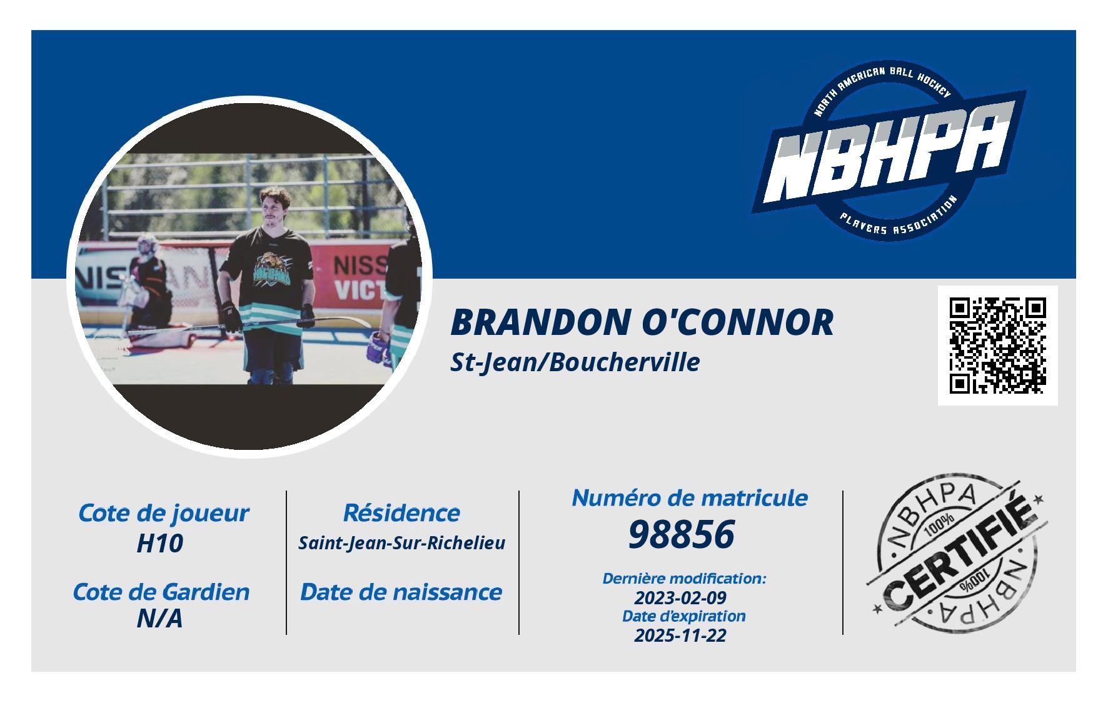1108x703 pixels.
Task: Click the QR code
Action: [997, 346]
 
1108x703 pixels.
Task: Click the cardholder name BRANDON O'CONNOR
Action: [642, 322]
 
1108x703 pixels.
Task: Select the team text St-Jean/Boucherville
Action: [575, 362]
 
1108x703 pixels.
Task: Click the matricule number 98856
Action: [681, 535]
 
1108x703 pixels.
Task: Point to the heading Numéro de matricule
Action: [690, 498]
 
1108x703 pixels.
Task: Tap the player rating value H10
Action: [159, 544]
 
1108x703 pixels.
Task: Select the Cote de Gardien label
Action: [161, 592]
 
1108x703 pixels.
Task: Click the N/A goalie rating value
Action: [159, 619]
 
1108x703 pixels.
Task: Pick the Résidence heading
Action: [401, 513]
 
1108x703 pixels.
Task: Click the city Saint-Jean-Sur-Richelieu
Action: [401, 543]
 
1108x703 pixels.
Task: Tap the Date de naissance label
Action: [401, 592]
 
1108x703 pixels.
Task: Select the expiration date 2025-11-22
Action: [681, 636]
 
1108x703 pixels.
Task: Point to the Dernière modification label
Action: [684, 579]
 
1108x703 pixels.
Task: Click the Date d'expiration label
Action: [683, 616]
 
